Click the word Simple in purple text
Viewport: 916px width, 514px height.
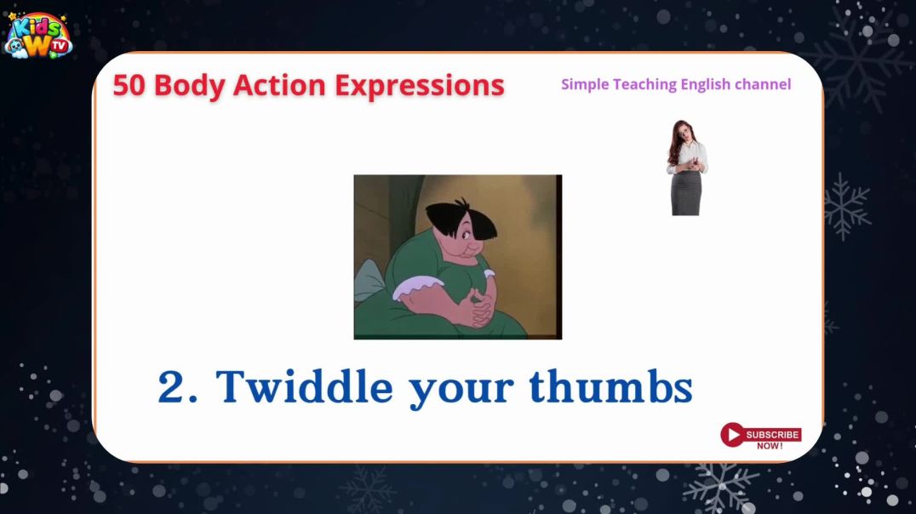(x=585, y=84)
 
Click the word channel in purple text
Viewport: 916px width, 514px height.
(x=764, y=84)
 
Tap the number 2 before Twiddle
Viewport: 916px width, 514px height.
(x=171, y=387)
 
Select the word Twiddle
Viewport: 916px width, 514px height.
(x=304, y=387)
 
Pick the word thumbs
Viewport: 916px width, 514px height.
(x=610, y=387)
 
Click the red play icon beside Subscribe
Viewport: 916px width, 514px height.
(x=731, y=435)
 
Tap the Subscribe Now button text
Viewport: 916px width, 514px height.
(x=772, y=439)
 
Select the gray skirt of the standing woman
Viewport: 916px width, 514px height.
(x=686, y=193)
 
